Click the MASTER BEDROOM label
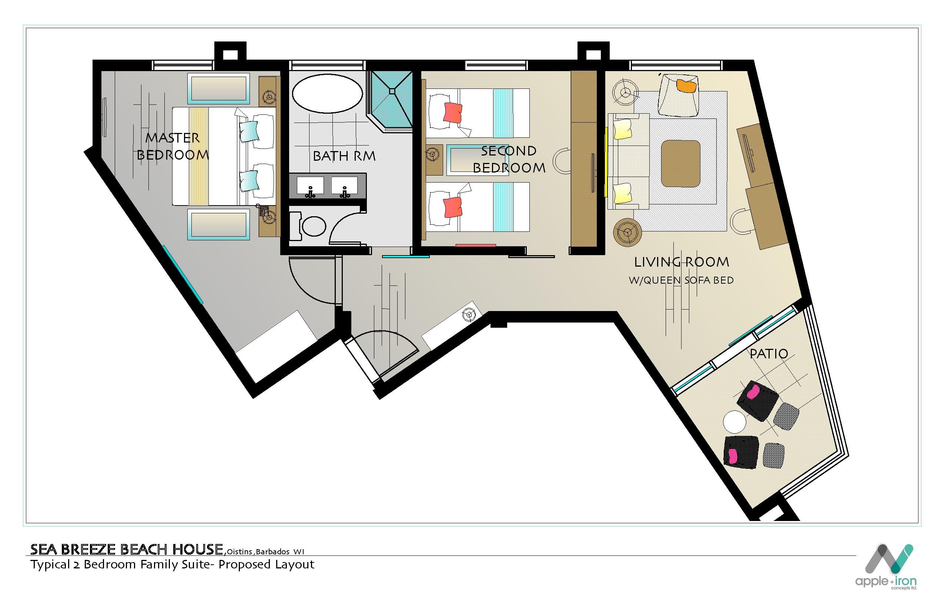173,146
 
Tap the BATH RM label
344,156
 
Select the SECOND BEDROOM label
509,160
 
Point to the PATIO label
769,354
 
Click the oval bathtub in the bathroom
327,94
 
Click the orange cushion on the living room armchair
687,86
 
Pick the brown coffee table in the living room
681,163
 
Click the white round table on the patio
734,422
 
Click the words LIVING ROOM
682,262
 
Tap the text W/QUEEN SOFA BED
681,280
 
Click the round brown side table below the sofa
627,232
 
